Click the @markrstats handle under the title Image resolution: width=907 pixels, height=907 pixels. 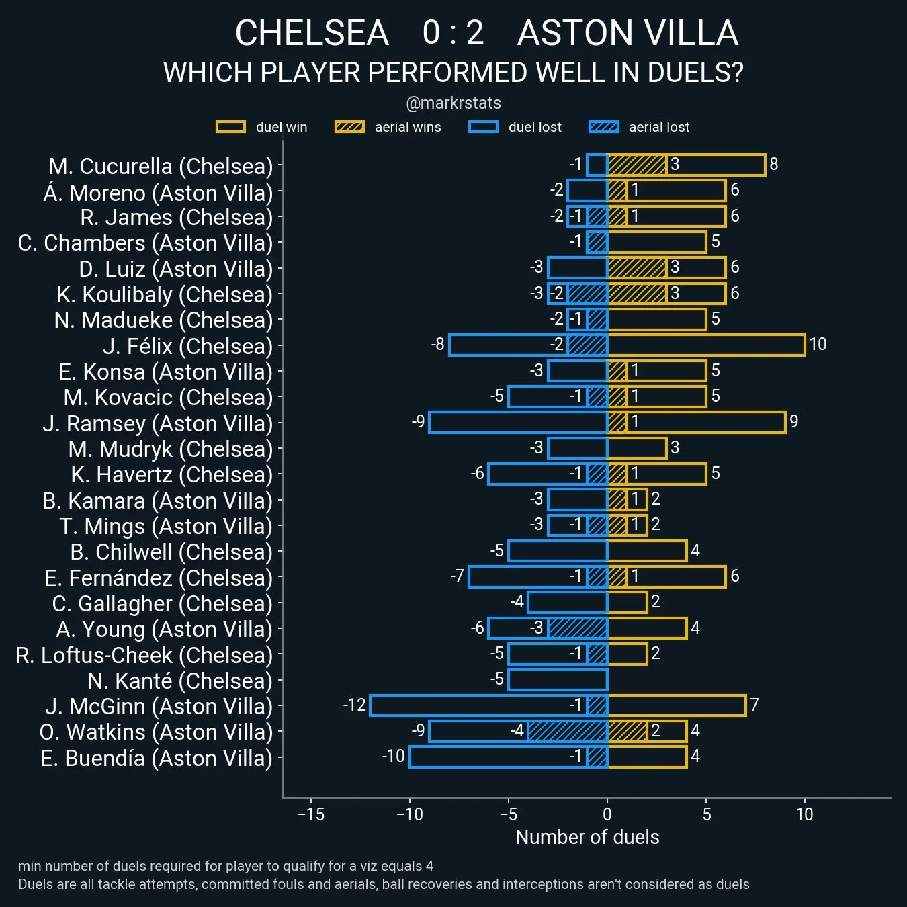[x=453, y=103]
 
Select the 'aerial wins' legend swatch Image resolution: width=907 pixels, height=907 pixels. [x=349, y=127]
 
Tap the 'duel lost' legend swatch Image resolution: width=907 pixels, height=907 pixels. [x=483, y=127]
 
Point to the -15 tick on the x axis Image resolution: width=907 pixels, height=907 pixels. [x=311, y=814]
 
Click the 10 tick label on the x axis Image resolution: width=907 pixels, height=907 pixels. [x=804, y=814]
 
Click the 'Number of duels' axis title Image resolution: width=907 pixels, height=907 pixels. [x=587, y=837]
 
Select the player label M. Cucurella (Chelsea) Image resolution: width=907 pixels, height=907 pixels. [x=161, y=166]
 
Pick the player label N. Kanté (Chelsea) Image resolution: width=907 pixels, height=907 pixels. [x=180, y=681]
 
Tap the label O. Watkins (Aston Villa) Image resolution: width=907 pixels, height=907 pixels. [x=156, y=732]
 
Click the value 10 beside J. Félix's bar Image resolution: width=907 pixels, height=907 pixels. [x=818, y=345]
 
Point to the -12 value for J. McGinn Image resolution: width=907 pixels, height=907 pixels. [x=354, y=705]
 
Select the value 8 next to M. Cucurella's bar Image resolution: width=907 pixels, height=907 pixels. [x=774, y=165]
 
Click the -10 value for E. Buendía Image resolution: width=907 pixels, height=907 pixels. [x=393, y=757]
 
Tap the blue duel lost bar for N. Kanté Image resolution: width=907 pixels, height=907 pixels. [x=558, y=680]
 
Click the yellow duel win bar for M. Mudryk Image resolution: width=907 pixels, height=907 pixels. [x=637, y=448]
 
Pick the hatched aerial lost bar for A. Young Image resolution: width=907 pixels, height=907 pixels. [x=578, y=628]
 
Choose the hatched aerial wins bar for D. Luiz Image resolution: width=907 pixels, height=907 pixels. [x=637, y=267]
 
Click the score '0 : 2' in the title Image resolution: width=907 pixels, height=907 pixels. [x=453, y=33]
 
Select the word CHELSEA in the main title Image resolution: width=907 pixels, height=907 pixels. [x=312, y=33]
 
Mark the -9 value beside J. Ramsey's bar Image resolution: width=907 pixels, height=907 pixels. [x=418, y=422]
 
